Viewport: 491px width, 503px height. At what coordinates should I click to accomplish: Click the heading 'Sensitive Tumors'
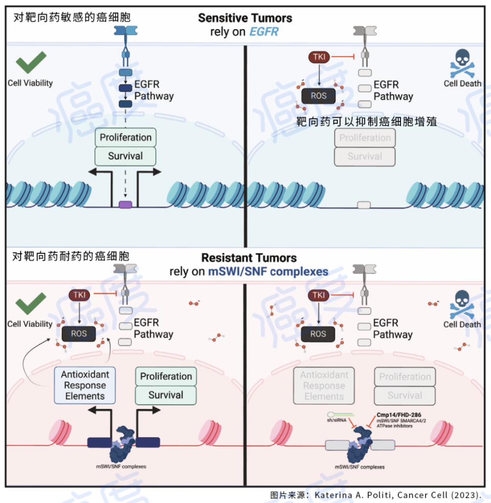tap(245, 18)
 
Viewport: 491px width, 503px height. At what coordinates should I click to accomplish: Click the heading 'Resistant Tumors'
tap(249, 257)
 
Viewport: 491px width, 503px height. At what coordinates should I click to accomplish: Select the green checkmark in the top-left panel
tap(31, 63)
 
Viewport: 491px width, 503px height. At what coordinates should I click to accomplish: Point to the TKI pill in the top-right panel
tap(319, 57)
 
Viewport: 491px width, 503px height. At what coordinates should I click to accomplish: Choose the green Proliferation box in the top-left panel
tap(125, 138)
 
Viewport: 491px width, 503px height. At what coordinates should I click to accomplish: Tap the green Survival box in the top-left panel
tap(125, 156)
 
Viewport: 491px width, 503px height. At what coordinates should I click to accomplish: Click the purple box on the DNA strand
tap(125, 205)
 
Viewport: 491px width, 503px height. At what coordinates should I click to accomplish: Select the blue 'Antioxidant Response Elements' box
tap(85, 385)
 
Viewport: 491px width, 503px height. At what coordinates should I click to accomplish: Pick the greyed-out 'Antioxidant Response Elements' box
tap(324, 386)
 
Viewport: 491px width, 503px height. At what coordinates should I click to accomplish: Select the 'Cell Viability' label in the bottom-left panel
tap(30, 324)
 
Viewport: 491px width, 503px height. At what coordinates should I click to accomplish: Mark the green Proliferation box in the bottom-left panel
tap(166, 376)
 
